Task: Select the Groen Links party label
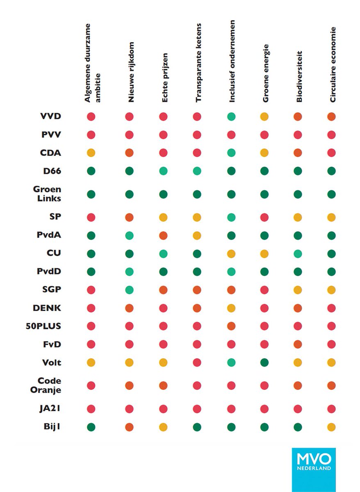[47, 194]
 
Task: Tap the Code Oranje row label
[46, 385]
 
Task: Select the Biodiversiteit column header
[299, 76]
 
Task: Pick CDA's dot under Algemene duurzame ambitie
[91, 153]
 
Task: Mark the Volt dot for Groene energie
[264, 362]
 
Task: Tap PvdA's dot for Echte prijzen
[163, 236]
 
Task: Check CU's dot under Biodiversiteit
[298, 254]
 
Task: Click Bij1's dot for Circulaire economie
[331, 427]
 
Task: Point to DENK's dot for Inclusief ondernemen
[231, 308]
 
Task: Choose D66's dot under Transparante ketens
[197, 171]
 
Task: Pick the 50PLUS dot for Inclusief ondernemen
[231, 326]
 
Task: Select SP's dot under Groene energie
[264, 217]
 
